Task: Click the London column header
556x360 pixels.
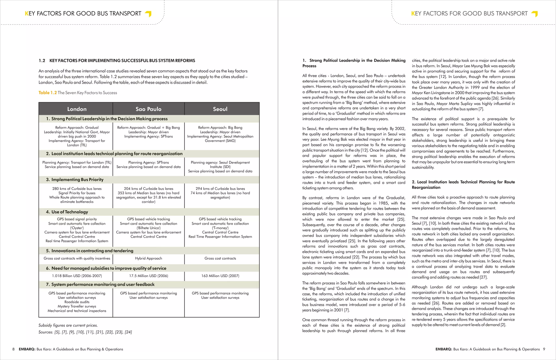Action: (77, 109)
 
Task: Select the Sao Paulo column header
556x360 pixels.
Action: (149, 109)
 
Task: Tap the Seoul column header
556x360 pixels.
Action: (220, 109)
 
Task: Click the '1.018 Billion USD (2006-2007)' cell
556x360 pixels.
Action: (77, 276)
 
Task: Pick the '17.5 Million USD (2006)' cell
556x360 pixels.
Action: (149, 276)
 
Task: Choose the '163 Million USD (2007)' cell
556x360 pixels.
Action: (220, 276)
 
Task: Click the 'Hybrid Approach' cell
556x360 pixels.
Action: (149, 258)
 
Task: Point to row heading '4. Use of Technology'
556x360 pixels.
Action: (67, 212)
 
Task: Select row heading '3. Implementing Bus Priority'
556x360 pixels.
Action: (75, 180)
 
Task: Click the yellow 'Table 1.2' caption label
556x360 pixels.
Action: (48, 93)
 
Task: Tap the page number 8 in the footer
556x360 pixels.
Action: (14, 349)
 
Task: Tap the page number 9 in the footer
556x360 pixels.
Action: (544, 349)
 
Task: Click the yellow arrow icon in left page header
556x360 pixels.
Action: (148, 14)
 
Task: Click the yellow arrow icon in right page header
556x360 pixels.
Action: (535, 14)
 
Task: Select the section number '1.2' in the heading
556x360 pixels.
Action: (42, 61)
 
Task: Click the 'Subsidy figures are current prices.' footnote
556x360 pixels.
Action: (68, 325)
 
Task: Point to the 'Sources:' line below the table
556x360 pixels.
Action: (85, 332)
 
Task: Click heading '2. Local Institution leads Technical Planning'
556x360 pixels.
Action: (463, 184)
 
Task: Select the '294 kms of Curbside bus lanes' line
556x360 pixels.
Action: (220, 189)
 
